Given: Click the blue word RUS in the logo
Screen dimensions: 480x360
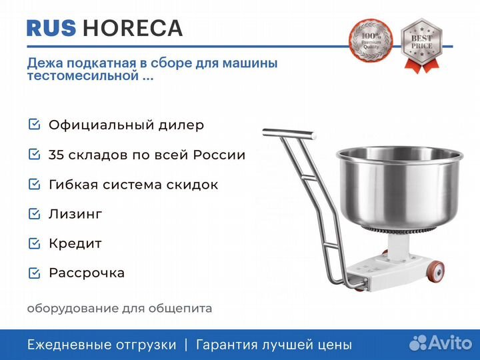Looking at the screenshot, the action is (51, 28).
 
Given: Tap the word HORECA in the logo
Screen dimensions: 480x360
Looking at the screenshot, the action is (133, 28).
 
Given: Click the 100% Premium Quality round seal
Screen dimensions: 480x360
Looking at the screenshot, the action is (371, 40).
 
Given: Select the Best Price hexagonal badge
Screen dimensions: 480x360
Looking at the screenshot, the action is (421, 45).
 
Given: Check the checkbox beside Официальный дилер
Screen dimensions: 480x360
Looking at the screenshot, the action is (34, 124).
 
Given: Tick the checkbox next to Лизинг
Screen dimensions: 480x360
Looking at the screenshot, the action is (34, 213).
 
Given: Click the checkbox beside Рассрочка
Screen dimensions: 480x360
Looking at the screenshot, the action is (34, 273).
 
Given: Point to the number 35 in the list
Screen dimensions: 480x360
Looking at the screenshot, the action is (56, 155).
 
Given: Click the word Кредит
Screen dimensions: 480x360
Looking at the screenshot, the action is (75, 244).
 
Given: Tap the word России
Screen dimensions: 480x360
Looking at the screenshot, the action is (219, 155).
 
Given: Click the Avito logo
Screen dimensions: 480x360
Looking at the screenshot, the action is (441, 343).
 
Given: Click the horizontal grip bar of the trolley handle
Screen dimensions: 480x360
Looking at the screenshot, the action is (289, 133).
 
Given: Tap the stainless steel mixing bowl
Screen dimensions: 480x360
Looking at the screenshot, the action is (399, 187).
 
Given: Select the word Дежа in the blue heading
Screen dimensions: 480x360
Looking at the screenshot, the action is (45, 63).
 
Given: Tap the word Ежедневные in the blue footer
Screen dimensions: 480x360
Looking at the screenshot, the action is (68, 345).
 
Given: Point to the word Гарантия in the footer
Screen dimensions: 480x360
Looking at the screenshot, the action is (227, 345).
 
